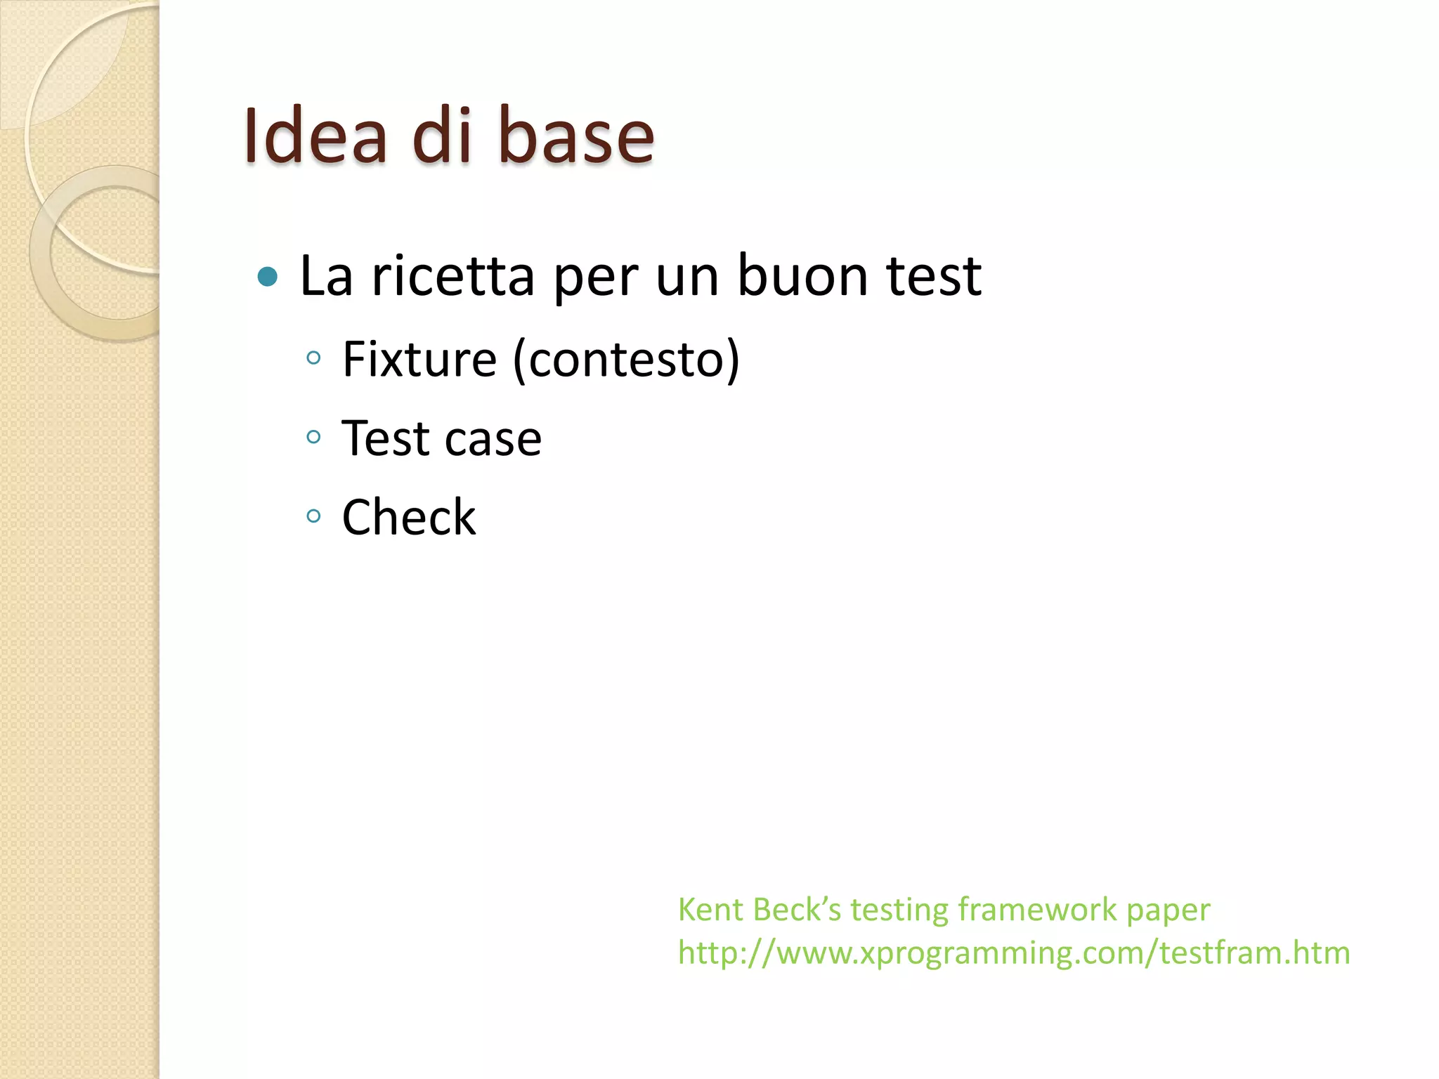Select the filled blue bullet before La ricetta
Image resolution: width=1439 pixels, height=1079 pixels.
(x=268, y=277)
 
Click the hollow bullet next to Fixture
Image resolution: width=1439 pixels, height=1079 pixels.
(x=313, y=359)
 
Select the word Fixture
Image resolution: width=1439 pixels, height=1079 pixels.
(x=419, y=359)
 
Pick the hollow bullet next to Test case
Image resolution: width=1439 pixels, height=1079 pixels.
(x=313, y=438)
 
